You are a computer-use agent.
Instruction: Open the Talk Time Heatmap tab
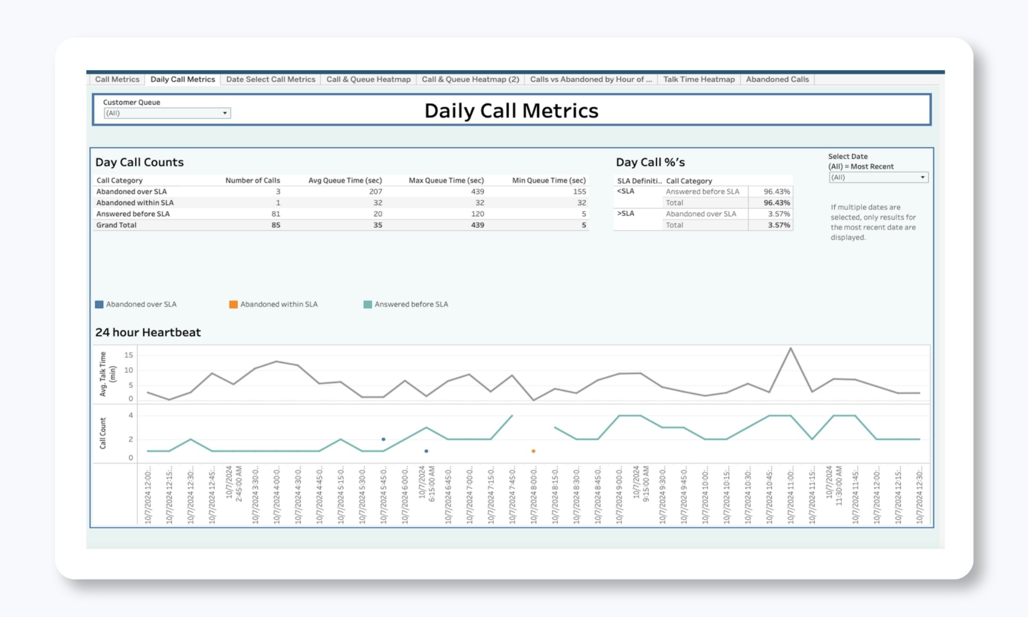(x=699, y=79)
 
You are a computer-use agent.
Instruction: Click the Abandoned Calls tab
(x=777, y=79)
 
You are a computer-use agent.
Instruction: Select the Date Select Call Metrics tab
(x=270, y=79)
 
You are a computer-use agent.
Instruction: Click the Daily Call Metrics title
(x=511, y=111)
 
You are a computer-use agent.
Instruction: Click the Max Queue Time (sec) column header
(x=446, y=180)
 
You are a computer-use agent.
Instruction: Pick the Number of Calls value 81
(x=276, y=213)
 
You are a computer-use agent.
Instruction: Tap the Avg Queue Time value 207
(x=376, y=191)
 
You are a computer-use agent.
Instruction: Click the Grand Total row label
(x=116, y=225)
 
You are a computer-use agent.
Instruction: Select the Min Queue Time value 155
(x=579, y=191)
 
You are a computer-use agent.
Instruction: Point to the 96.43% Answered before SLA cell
(x=776, y=191)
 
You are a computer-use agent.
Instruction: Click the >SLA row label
(x=625, y=213)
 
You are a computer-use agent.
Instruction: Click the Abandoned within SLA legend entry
(x=279, y=304)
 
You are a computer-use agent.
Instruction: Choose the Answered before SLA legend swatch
(x=367, y=304)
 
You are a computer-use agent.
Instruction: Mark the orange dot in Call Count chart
(x=533, y=451)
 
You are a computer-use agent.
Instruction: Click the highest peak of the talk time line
(x=791, y=349)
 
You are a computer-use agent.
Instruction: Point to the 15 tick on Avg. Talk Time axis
(x=128, y=355)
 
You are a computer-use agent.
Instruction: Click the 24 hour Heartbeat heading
(x=148, y=332)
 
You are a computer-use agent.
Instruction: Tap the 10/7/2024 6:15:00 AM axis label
(x=426, y=484)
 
